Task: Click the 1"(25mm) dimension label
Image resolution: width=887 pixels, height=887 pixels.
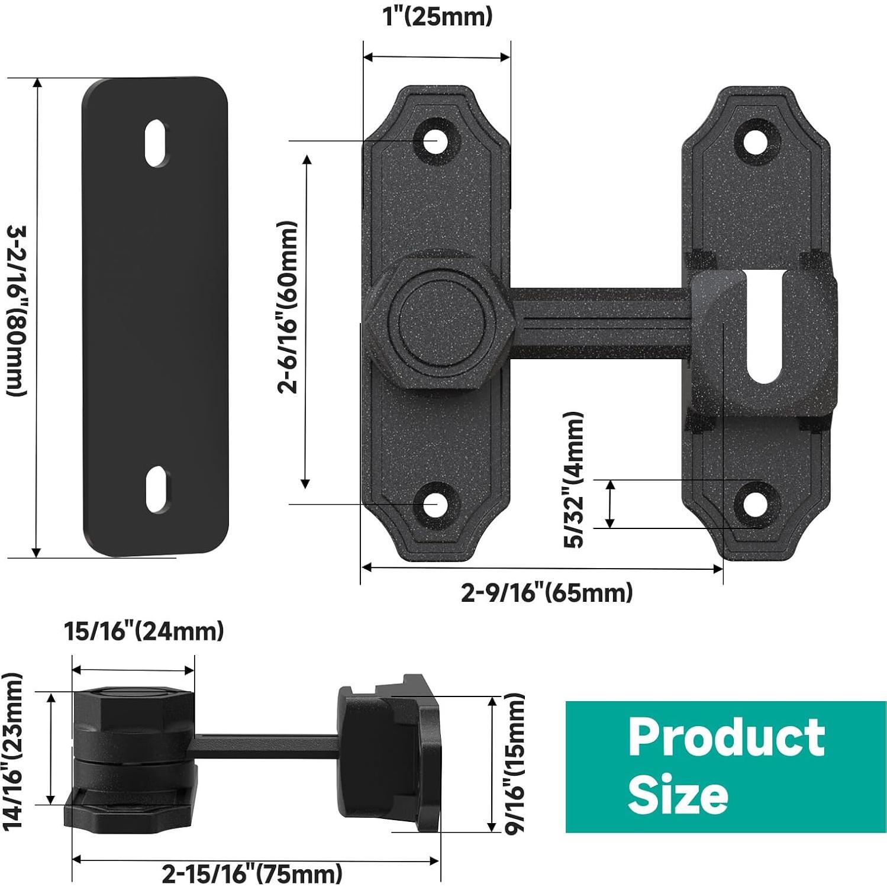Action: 437,17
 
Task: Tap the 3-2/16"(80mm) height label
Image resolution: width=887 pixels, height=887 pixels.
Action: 16,312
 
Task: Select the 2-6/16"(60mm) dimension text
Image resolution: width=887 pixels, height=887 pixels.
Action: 288,308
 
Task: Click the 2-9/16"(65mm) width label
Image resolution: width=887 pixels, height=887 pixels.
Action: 547,592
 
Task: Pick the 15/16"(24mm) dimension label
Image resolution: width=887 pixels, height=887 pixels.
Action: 144,631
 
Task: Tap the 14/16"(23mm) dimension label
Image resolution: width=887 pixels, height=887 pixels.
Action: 12,751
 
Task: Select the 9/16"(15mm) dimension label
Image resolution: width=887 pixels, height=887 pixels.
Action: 515,763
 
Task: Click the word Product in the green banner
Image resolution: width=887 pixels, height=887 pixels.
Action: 726,737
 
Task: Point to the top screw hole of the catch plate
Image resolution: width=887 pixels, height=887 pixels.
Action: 755,141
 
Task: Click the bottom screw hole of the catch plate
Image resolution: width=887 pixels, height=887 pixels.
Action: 755,504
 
